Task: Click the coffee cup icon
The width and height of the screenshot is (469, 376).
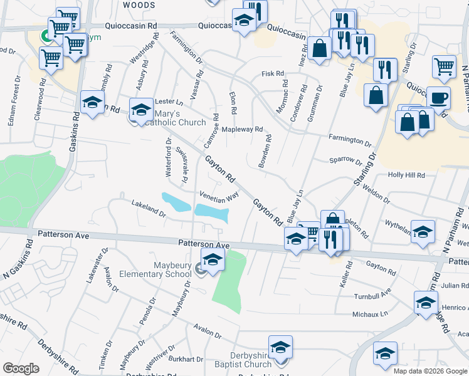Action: click(438, 97)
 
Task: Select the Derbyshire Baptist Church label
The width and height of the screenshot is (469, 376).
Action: click(241, 360)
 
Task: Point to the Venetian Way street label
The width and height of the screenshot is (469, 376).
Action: click(219, 196)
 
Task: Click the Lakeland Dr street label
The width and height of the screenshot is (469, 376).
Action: click(148, 209)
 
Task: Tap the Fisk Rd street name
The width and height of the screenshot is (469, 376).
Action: click(273, 74)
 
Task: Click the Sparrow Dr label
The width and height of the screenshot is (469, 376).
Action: click(345, 160)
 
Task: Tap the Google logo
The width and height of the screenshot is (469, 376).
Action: click(21, 368)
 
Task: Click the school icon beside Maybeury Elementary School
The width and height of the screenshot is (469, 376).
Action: click(213, 258)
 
